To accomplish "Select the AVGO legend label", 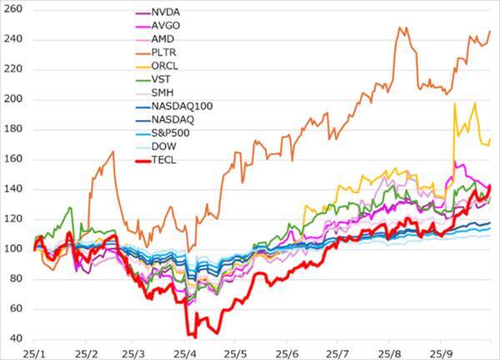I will click(x=167, y=26).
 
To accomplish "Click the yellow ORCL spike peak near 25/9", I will click(x=454, y=103).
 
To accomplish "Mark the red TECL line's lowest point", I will click(x=193, y=337).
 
